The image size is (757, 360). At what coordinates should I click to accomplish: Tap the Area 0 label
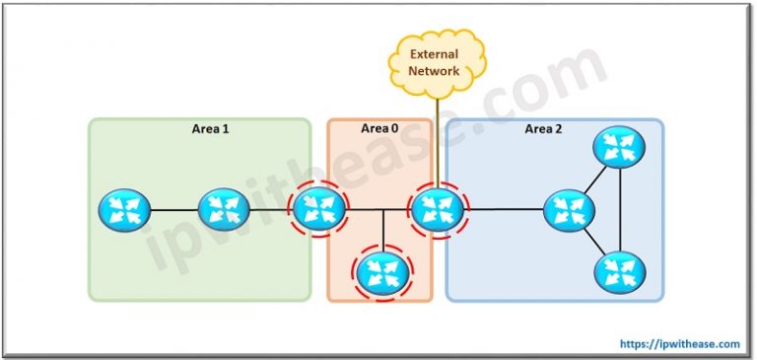tap(380, 129)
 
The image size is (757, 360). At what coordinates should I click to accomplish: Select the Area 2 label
tap(544, 129)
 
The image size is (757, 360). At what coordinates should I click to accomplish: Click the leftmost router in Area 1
tap(124, 209)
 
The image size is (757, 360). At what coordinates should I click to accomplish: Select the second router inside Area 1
tap(222, 209)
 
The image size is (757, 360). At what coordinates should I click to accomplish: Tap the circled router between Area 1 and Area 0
tap(318, 209)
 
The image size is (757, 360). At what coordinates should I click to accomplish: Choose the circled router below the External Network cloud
tap(437, 209)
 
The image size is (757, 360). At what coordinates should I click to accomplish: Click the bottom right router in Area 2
tap(619, 270)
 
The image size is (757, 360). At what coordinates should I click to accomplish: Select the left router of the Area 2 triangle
tap(569, 210)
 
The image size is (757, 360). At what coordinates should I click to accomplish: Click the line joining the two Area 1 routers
tap(172, 209)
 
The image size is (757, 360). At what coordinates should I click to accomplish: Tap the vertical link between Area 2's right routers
tap(619, 210)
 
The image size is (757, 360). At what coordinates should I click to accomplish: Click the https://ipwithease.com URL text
tap(679, 344)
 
